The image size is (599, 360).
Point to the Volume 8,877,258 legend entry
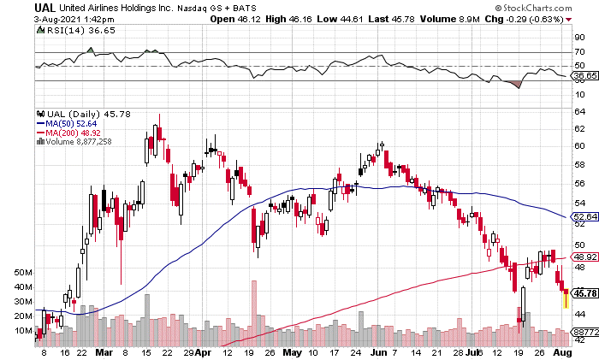pyautogui.click(x=79, y=141)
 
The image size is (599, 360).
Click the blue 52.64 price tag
pyautogui.click(x=584, y=217)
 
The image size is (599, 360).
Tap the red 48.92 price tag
pyautogui.click(x=584, y=257)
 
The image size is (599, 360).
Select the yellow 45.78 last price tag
pyautogui.click(x=584, y=293)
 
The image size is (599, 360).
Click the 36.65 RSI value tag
pyautogui.click(x=584, y=76)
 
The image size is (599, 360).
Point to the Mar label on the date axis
pyautogui.click(x=104, y=351)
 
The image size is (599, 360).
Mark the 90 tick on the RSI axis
pyautogui.click(x=578, y=38)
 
